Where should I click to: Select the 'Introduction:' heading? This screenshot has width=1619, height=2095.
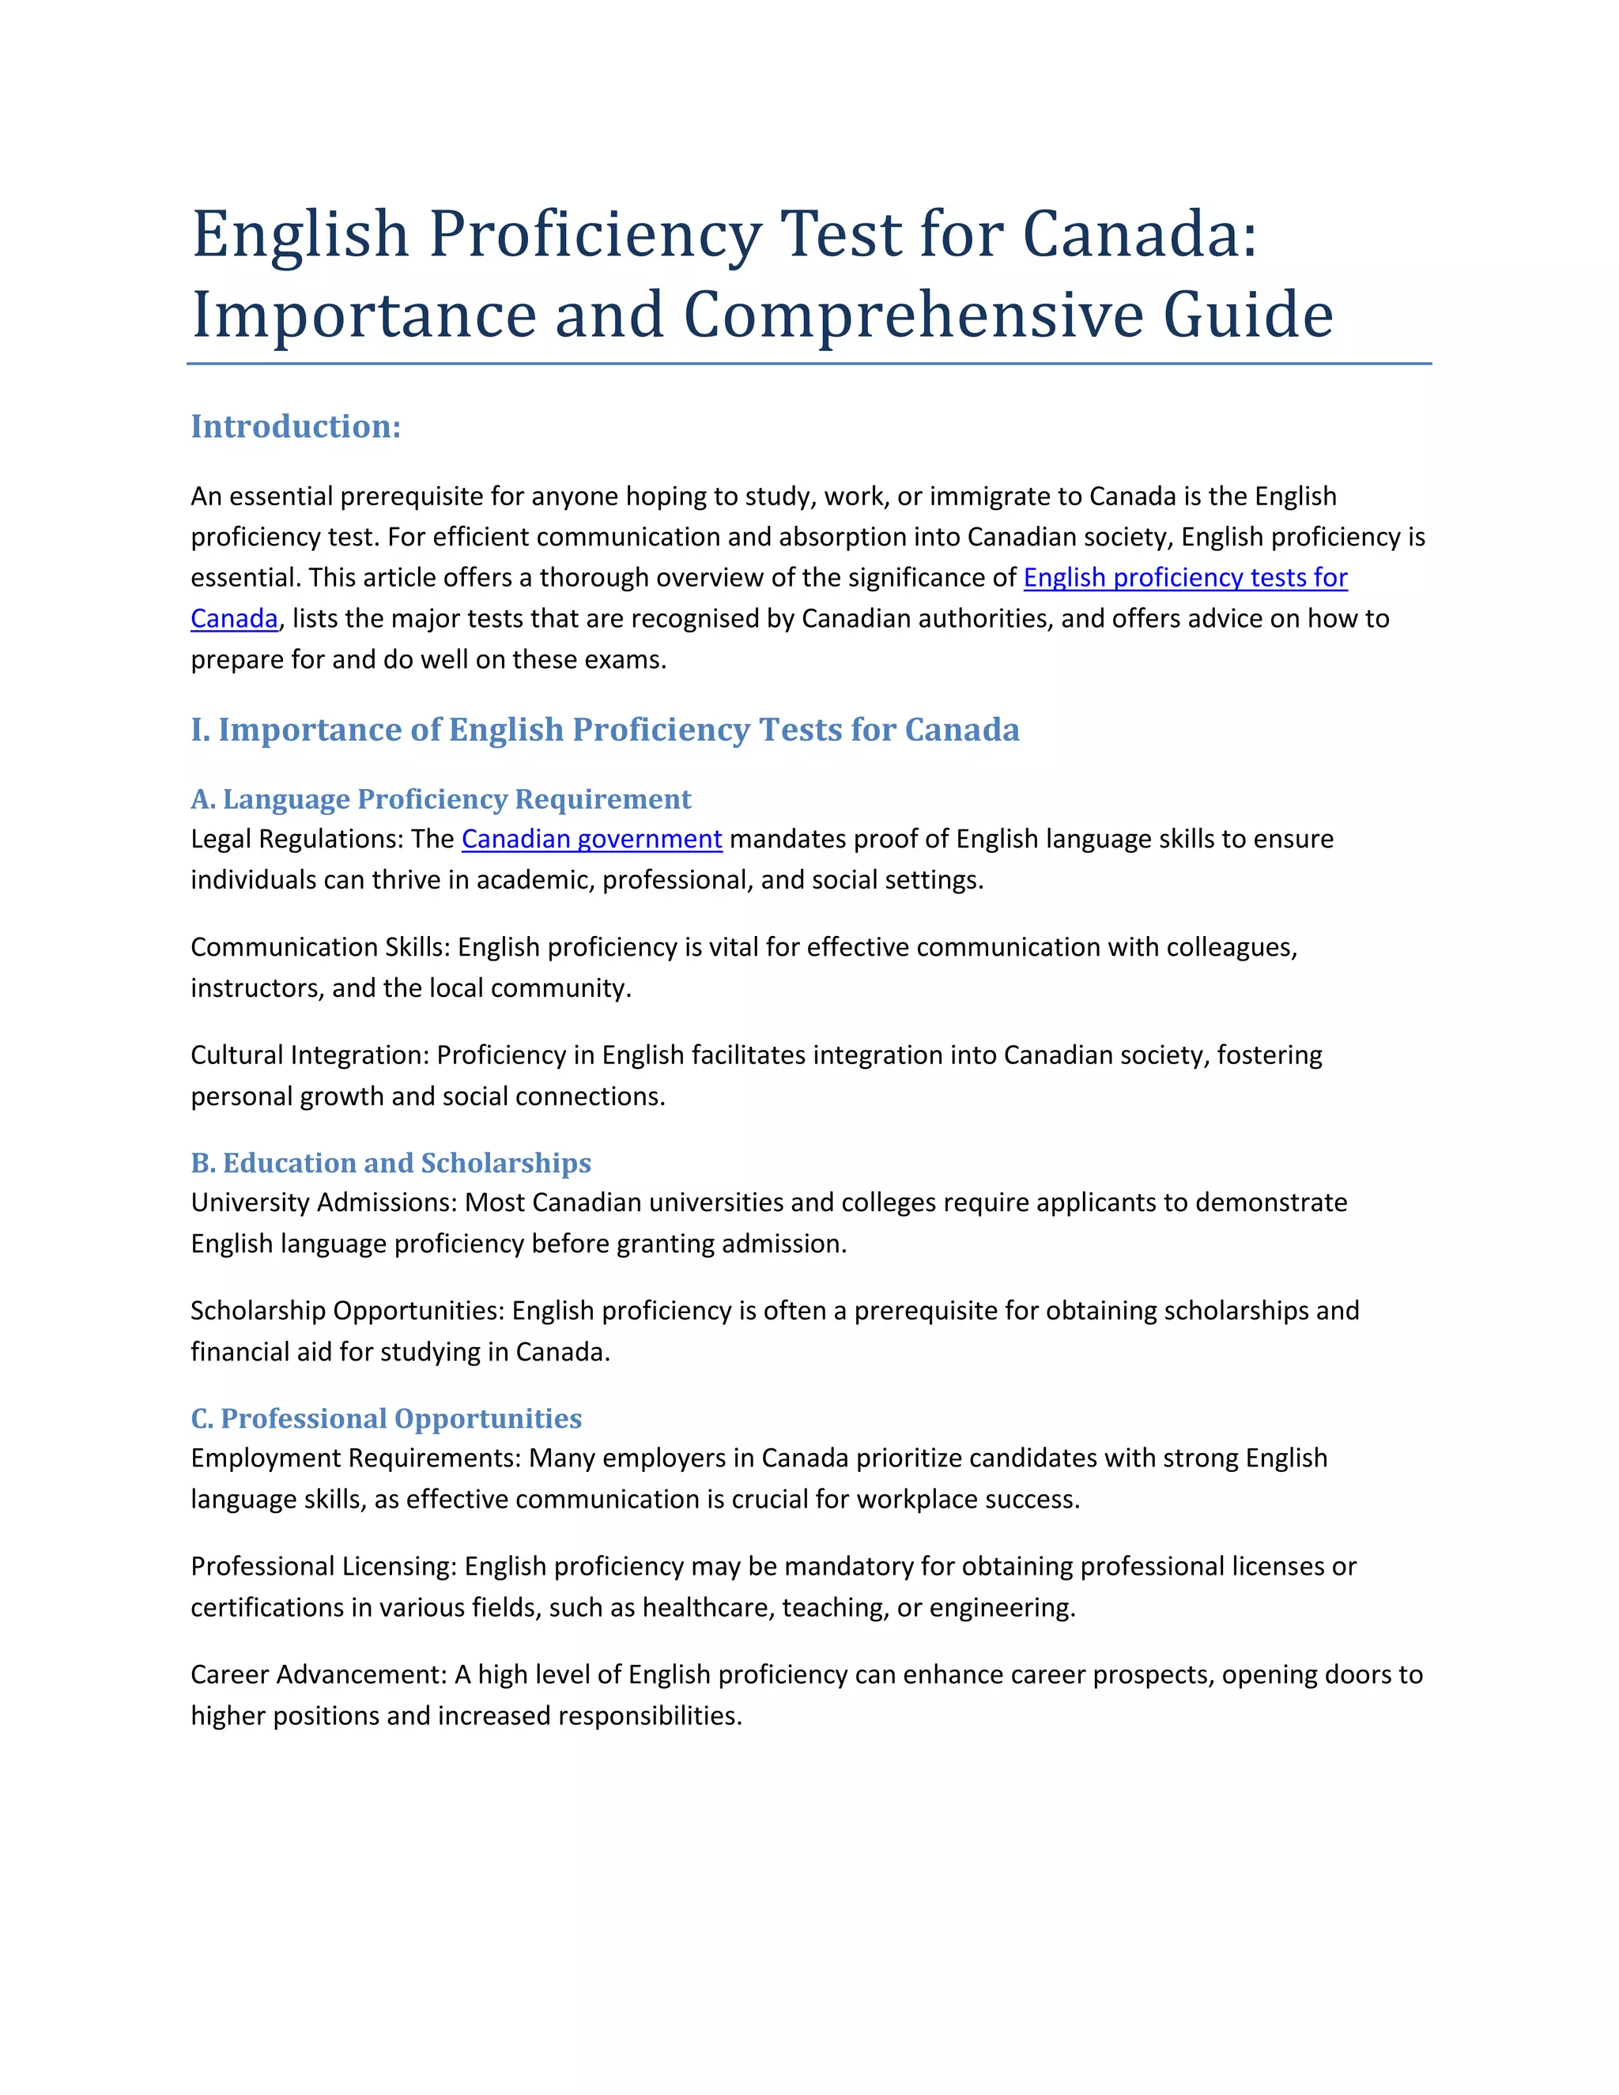(x=296, y=427)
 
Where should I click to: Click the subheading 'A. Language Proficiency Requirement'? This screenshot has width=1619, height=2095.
(x=440, y=799)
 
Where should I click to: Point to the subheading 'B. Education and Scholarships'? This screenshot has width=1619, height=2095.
(x=391, y=1163)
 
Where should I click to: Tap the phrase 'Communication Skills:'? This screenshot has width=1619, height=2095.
(x=320, y=948)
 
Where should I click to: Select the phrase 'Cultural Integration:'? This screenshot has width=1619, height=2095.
(x=310, y=1055)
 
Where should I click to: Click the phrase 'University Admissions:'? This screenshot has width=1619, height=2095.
(x=324, y=1203)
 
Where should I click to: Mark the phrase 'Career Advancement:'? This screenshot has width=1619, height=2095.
(x=319, y=1675)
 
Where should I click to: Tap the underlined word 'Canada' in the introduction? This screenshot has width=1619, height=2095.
(x=234, y=619)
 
